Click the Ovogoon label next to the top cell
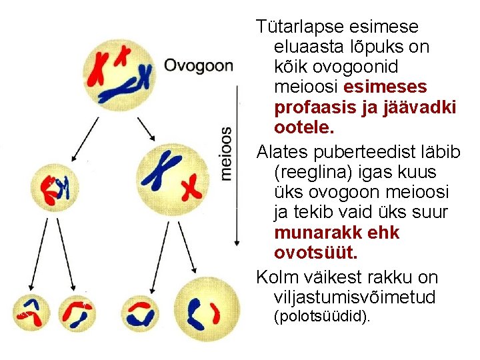tap(199, 66)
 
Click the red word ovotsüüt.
tap(315, 253)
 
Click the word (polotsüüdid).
tap(322, 317)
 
